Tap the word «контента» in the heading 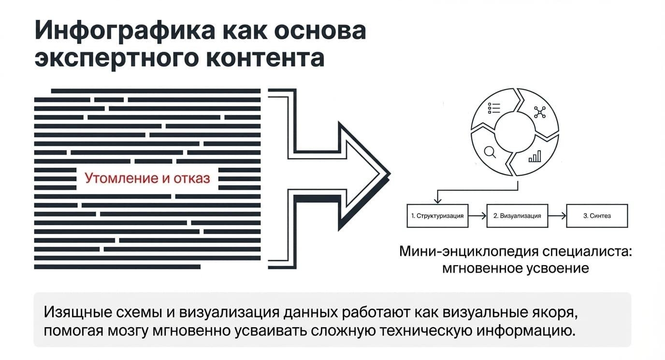[x=265, y=58]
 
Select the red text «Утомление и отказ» [x=147, y=178]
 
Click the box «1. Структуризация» [x=437, y=216]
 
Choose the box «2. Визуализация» [x=517, y=216]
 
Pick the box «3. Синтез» [x=597, y=216]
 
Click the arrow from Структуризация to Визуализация [x=477, y=216]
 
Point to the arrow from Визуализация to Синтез [x=557, y=216]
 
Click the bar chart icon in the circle [x=535, y=157]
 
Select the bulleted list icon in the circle [x=494, y=108]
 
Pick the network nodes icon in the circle [x=540, y=112]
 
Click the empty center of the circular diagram [x=515, y=132]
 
